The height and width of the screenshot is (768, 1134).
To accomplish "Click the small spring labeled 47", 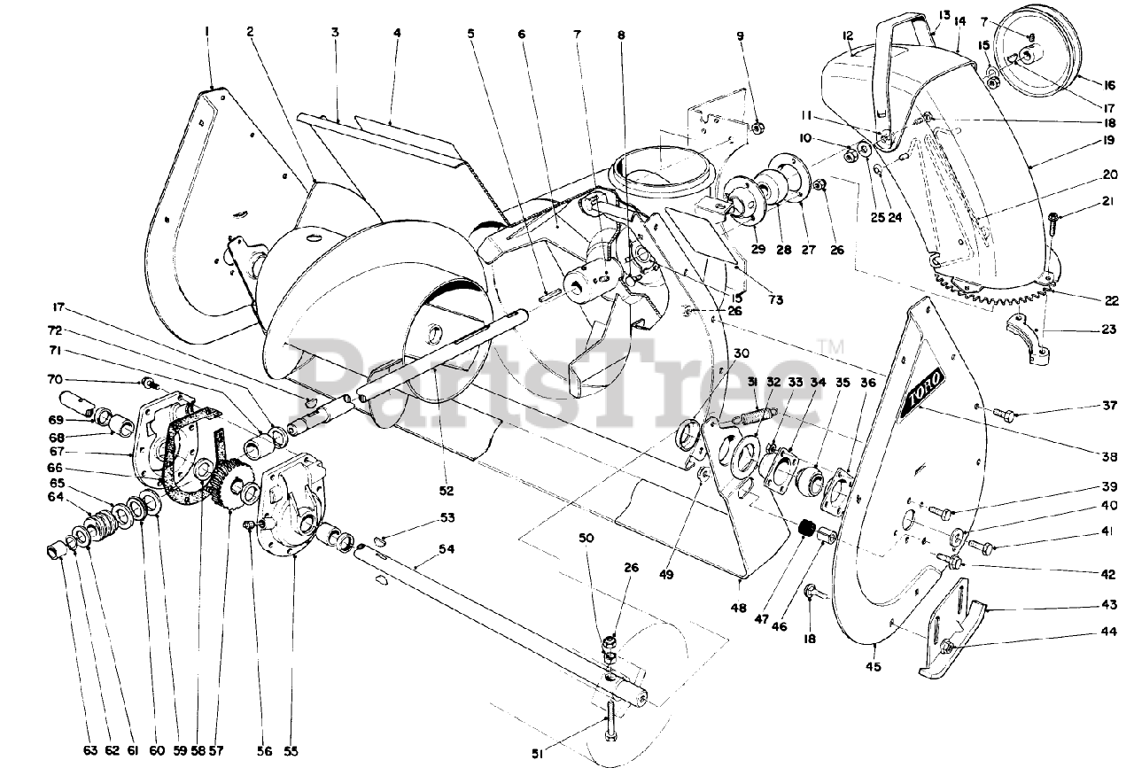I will pyautogui.click(x=806, y=530).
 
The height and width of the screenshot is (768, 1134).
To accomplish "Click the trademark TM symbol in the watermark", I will pyautogui.click(x=824, y=345).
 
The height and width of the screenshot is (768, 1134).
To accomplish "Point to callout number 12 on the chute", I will pyautogui.click(x=848, y=35).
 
